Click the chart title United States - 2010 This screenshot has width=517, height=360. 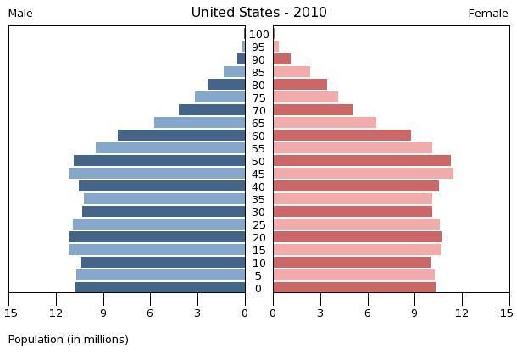pos(258,13)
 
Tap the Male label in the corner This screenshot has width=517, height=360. pos(20,14)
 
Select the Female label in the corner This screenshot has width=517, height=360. pos(488,14)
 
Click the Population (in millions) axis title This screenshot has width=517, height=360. pos(69,340)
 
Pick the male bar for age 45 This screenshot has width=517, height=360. pos(157,174)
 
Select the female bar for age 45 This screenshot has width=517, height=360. pos(363,174)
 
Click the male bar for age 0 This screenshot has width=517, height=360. pos(159,288)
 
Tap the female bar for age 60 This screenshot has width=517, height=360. pos(342,136)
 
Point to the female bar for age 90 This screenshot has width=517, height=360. pos(281,59)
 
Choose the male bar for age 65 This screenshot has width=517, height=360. pos(199,123)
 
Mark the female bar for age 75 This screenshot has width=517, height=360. pos(305,97)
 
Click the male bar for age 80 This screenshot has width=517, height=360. pos(226,85)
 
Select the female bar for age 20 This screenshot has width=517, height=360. pos(357,237)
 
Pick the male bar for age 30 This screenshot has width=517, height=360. pos(163,212)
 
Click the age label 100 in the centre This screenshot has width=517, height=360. pos(258,35)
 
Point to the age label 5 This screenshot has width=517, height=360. pos(258,276)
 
